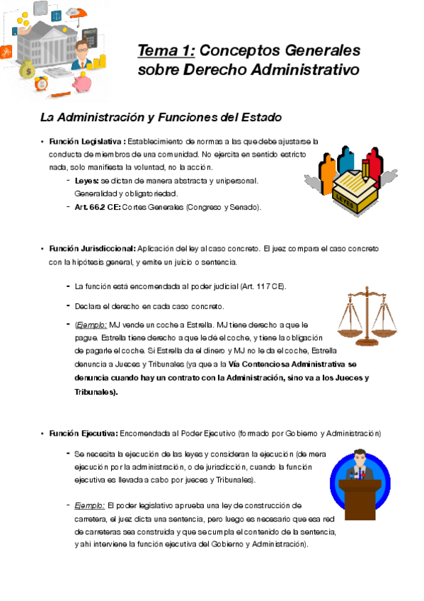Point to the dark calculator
tap(90, 35)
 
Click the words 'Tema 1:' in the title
tap(167, 51)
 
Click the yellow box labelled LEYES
tap(348, 191)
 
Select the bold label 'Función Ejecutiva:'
tap(84, 432)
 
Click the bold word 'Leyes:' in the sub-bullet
tap(88, 181)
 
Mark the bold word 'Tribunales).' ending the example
tap(96, 391)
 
